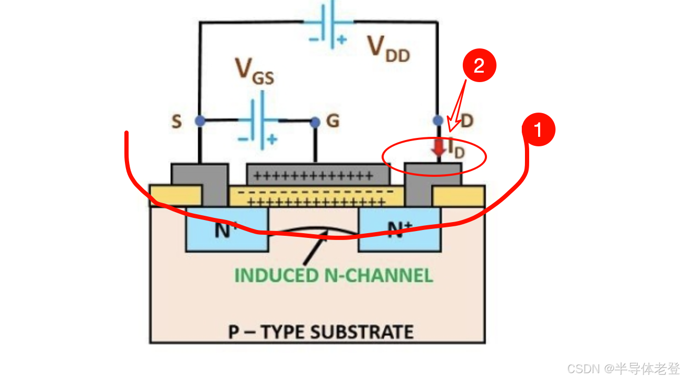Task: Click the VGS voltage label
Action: point(254,72)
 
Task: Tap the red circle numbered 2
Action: point(479,65)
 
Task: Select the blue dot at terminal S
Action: point(200,121)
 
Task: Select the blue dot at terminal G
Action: point(315,122)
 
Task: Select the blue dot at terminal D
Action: point(438,121)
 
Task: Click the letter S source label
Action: point(177,122)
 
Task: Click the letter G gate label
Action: point(333,122)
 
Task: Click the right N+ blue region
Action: point(399,230)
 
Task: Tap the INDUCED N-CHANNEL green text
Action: point(333,275)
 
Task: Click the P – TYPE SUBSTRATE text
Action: point(320,332)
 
